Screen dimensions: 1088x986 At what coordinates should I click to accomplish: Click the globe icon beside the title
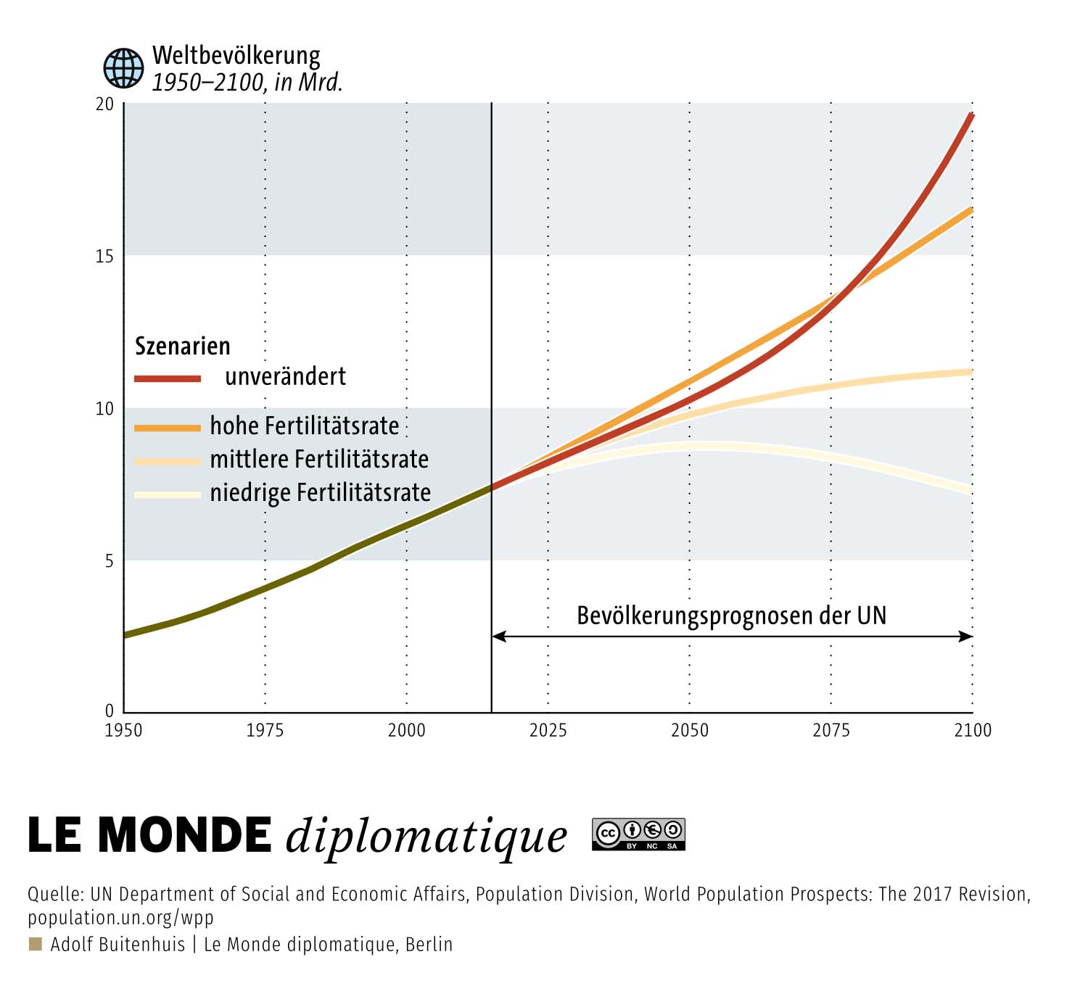tap(123, 68)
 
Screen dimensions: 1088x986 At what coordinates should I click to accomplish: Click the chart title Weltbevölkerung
tap(236, 56)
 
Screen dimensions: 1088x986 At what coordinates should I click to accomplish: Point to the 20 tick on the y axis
tap(104, 104)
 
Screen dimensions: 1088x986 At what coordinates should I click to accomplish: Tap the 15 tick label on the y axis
tap(104, 256)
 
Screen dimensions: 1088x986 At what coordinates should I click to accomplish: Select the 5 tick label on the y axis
tap(109, 561)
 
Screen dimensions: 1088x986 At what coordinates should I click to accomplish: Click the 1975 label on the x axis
tap(265, 731)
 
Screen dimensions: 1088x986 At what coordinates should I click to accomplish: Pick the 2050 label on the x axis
tap(689, 731)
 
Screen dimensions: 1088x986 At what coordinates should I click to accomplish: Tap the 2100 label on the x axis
tap(973, 731)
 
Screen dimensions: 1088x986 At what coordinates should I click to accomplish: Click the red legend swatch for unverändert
tap(168, 378)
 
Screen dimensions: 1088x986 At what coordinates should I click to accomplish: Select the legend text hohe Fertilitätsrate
tap(304, 426)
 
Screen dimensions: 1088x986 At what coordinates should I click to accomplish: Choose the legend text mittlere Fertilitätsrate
tap(319, 460)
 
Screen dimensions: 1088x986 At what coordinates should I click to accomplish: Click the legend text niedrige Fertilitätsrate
tap(320, 493)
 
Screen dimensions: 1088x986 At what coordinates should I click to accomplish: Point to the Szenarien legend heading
tap(182, 346)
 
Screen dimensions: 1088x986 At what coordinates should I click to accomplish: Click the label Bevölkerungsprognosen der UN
tap(731, 616)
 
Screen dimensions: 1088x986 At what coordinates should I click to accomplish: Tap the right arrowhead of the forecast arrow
tap(966, 636)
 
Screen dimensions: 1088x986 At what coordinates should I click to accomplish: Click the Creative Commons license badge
tap(638, 834)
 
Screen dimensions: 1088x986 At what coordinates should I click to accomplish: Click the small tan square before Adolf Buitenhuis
tap(36, 944)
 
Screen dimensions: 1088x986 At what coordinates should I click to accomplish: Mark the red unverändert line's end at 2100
tap(972, 115)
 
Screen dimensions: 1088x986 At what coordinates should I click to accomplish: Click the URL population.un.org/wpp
tap(120, 918)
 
